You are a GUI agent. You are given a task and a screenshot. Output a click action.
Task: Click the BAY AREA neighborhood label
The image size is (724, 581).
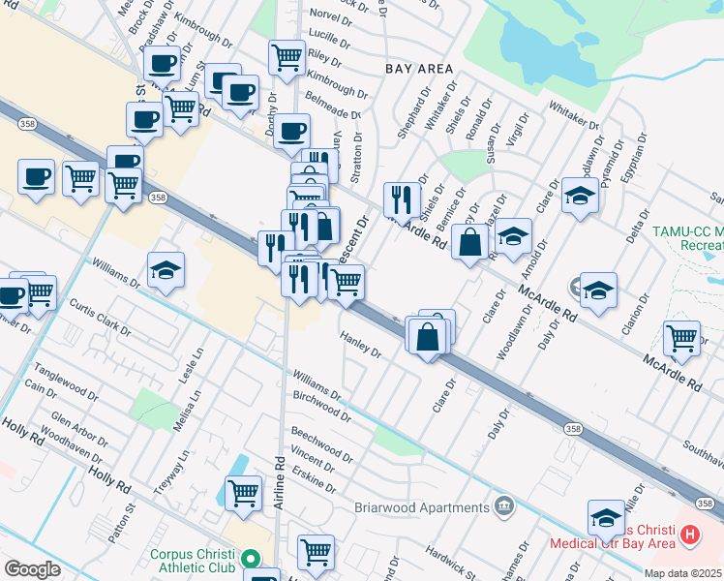[x=418, y=69]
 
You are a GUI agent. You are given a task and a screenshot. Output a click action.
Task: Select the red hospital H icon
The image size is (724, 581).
[x=689, y=533]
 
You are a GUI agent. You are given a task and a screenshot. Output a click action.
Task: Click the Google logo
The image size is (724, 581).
[x=32, y=569]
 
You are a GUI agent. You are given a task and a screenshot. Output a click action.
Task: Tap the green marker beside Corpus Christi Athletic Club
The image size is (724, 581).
[x=251, y=559]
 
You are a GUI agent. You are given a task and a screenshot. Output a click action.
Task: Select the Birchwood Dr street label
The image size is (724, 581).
[x=320, y=405]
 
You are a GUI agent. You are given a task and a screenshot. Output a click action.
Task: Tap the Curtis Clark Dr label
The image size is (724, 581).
[x=100, y=318]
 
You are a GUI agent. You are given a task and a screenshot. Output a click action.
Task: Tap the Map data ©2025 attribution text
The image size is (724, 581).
[x=682, y=573]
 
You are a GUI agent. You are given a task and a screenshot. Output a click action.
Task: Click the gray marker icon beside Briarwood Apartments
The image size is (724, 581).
[x=503, y=505]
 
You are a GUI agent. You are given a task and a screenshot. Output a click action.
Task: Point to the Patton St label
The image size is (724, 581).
[x=118, y=527]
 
